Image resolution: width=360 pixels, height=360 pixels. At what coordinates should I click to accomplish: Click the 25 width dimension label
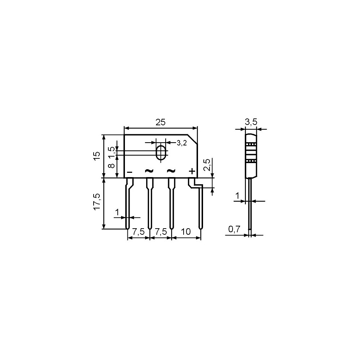coord(161,122)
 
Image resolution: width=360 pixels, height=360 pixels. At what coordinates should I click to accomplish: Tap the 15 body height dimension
coord(97,156)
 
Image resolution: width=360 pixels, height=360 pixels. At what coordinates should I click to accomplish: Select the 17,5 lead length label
coord(97,201)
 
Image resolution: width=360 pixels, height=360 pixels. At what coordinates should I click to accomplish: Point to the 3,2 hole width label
coord(181,143)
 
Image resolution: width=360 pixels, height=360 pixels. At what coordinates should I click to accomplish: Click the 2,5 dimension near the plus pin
coord(207,165)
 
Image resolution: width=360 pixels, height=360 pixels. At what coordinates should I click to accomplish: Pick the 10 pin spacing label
coord(186,231)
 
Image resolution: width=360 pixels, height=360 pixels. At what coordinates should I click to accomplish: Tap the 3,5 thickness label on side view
coord(251,122)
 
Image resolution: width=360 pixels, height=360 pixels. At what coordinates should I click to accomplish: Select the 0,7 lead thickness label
coord(234,229)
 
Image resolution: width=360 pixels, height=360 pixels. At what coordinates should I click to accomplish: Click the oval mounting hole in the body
coord(161,152)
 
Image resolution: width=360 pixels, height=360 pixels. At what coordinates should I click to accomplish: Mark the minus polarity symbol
coord(130,172)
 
